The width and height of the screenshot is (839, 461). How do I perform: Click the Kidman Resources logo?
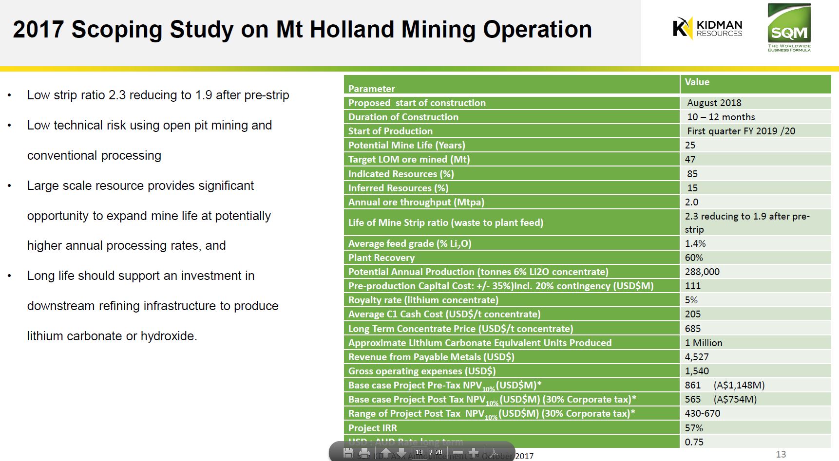707,28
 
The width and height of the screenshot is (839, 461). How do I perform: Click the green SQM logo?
789,27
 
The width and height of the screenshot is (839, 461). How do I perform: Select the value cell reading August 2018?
714,103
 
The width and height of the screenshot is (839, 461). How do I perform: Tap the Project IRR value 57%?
694,428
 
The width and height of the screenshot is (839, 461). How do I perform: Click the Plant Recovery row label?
381,258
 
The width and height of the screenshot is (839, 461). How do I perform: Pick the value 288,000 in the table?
702,272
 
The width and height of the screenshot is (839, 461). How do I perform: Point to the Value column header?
697,82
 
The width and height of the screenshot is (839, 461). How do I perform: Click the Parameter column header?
371,89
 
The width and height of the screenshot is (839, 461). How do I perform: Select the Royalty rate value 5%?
691,300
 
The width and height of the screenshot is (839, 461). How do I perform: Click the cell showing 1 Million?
704,343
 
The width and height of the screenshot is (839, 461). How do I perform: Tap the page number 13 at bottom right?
781,454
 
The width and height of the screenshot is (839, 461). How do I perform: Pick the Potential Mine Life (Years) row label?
406,145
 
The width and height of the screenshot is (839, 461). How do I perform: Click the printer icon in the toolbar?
364,453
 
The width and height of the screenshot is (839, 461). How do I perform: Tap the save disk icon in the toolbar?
348,453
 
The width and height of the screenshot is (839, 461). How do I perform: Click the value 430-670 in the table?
702,413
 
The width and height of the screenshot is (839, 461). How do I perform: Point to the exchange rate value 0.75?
694,442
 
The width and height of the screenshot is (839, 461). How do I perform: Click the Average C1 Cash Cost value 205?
692,314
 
